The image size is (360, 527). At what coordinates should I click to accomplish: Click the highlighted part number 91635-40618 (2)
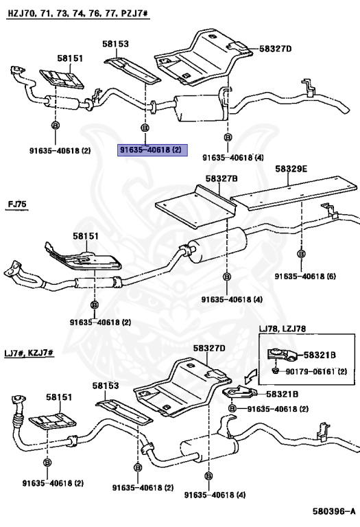(x=150, y=149)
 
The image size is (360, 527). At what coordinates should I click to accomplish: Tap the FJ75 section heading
(x=18, y=204)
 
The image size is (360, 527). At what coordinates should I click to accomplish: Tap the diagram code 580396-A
(x=334, y=511)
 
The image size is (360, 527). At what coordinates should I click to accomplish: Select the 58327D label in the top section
(x=276, y=49)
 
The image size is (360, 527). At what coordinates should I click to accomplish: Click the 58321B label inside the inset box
(x=320, y=355)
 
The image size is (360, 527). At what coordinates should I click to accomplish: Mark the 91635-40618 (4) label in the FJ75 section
(x=232, y=300)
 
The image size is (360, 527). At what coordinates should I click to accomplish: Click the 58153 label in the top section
(x=116, y=43)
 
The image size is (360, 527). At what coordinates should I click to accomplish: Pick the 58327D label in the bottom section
(x=208, y=348)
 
